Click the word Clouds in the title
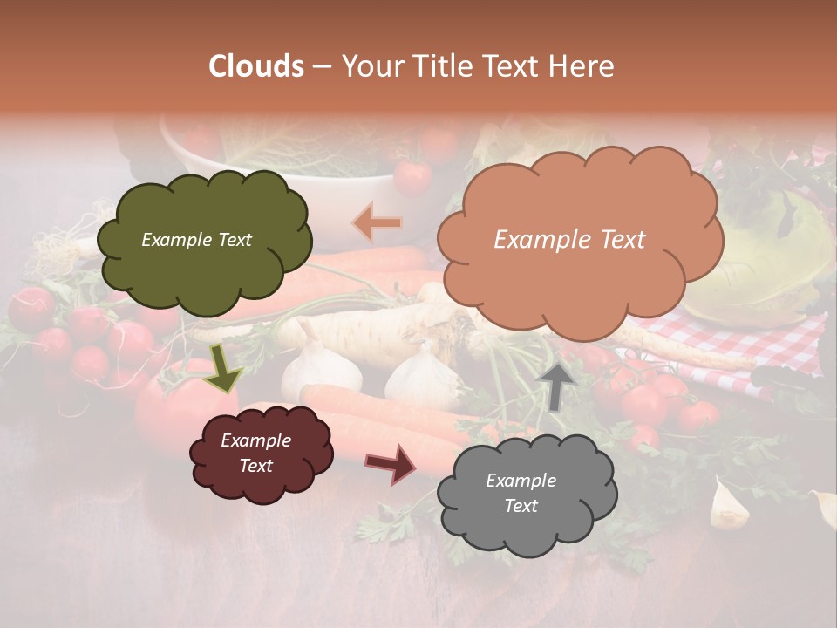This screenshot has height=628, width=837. (256, 66)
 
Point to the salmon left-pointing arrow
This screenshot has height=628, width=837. (377, 223)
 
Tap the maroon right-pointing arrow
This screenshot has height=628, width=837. (391, 464)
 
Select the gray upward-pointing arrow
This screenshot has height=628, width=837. (555, 385)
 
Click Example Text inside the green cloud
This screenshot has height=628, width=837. (196, 240)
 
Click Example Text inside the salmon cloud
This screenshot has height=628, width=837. (569, 240)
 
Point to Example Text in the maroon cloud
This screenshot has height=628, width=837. (256, 454)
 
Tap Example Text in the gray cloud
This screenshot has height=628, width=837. (521, 493)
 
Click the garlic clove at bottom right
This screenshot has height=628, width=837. (728, 506)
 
